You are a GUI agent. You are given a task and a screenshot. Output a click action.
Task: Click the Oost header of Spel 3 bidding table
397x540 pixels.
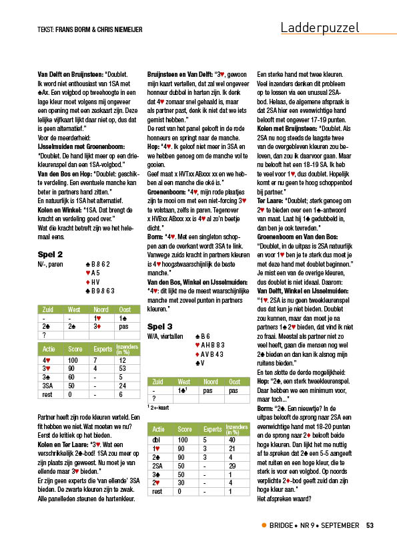(x=234, y=382)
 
